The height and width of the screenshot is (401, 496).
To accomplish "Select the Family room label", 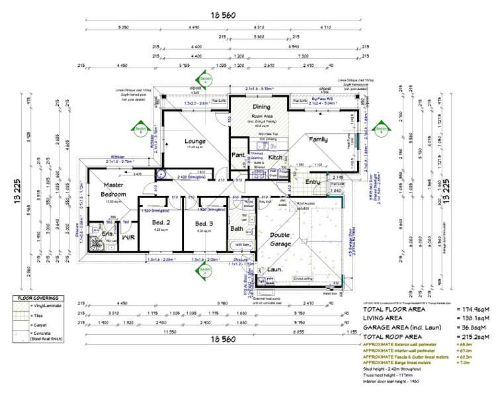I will click(x=319, y=140).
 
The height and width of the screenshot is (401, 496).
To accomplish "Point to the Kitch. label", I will click(x=276, y=157).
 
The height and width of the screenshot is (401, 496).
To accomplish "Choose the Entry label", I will click(x=312, y=181).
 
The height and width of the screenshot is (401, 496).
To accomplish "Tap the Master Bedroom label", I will click(x=114, y=191).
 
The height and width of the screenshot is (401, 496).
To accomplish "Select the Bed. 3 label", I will click(x=204, y=224).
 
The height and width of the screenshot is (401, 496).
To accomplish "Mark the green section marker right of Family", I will click(x=382, y=124).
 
